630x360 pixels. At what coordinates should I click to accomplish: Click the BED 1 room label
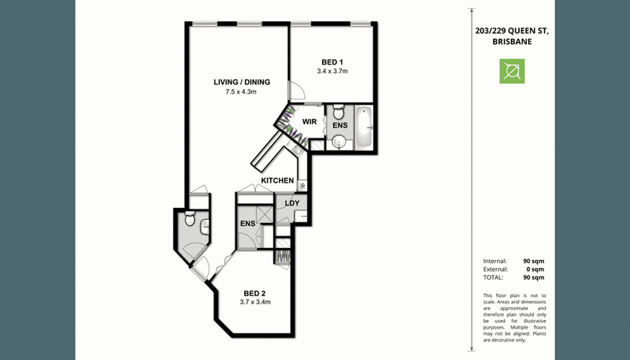332,62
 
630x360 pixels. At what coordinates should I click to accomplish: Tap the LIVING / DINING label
242,82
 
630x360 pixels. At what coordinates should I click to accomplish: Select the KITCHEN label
277,180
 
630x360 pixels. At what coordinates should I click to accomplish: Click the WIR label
309,121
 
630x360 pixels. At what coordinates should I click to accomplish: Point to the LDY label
292,203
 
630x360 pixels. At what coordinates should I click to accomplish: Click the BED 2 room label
254,294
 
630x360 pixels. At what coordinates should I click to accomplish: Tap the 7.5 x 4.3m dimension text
241,91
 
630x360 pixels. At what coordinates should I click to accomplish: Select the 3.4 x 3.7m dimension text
332,72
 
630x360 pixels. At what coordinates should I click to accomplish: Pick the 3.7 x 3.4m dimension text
255,302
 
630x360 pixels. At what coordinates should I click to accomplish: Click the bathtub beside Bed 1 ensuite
365,128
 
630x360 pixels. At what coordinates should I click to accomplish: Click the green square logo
512,71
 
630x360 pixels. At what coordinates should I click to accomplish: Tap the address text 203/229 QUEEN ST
513,31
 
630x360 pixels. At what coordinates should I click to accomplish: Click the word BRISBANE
513,42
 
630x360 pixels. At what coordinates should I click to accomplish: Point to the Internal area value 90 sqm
534,262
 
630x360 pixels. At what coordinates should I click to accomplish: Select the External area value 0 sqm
535,269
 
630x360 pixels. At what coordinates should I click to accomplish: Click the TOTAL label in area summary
493,277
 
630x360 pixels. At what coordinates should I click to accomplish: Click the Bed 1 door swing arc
299,89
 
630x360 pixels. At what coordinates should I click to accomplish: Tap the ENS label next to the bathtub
340,125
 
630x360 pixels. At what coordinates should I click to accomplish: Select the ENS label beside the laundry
247,224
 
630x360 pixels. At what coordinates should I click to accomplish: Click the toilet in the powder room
189,219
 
